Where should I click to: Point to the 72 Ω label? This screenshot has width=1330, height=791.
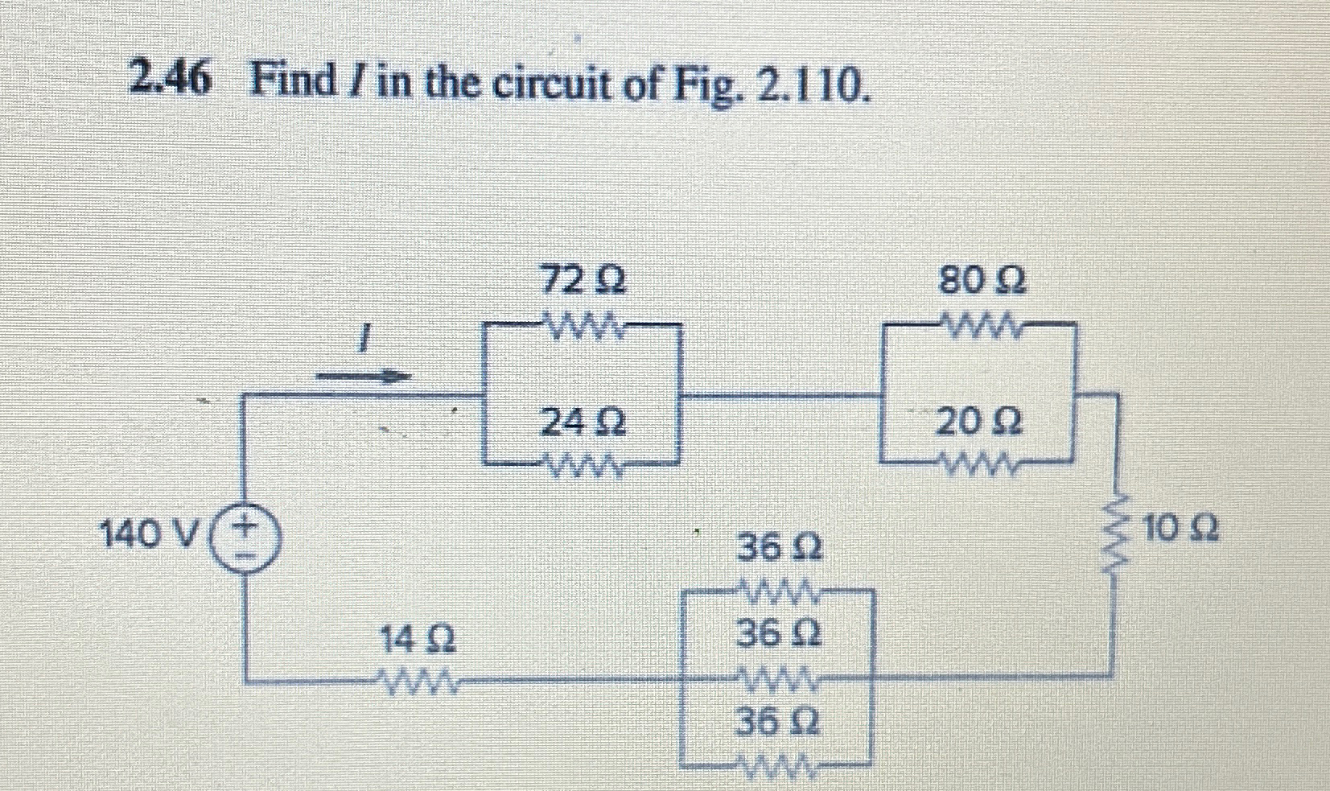pos(582,282)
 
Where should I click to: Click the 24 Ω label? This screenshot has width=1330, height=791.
pos(583,422)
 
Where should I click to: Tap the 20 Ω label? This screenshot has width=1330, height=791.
pos(978,422)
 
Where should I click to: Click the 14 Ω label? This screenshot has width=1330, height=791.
pos(417,641)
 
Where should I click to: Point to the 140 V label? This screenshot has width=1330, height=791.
pos(151,532)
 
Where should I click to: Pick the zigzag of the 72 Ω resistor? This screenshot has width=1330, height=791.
pos(582,326)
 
